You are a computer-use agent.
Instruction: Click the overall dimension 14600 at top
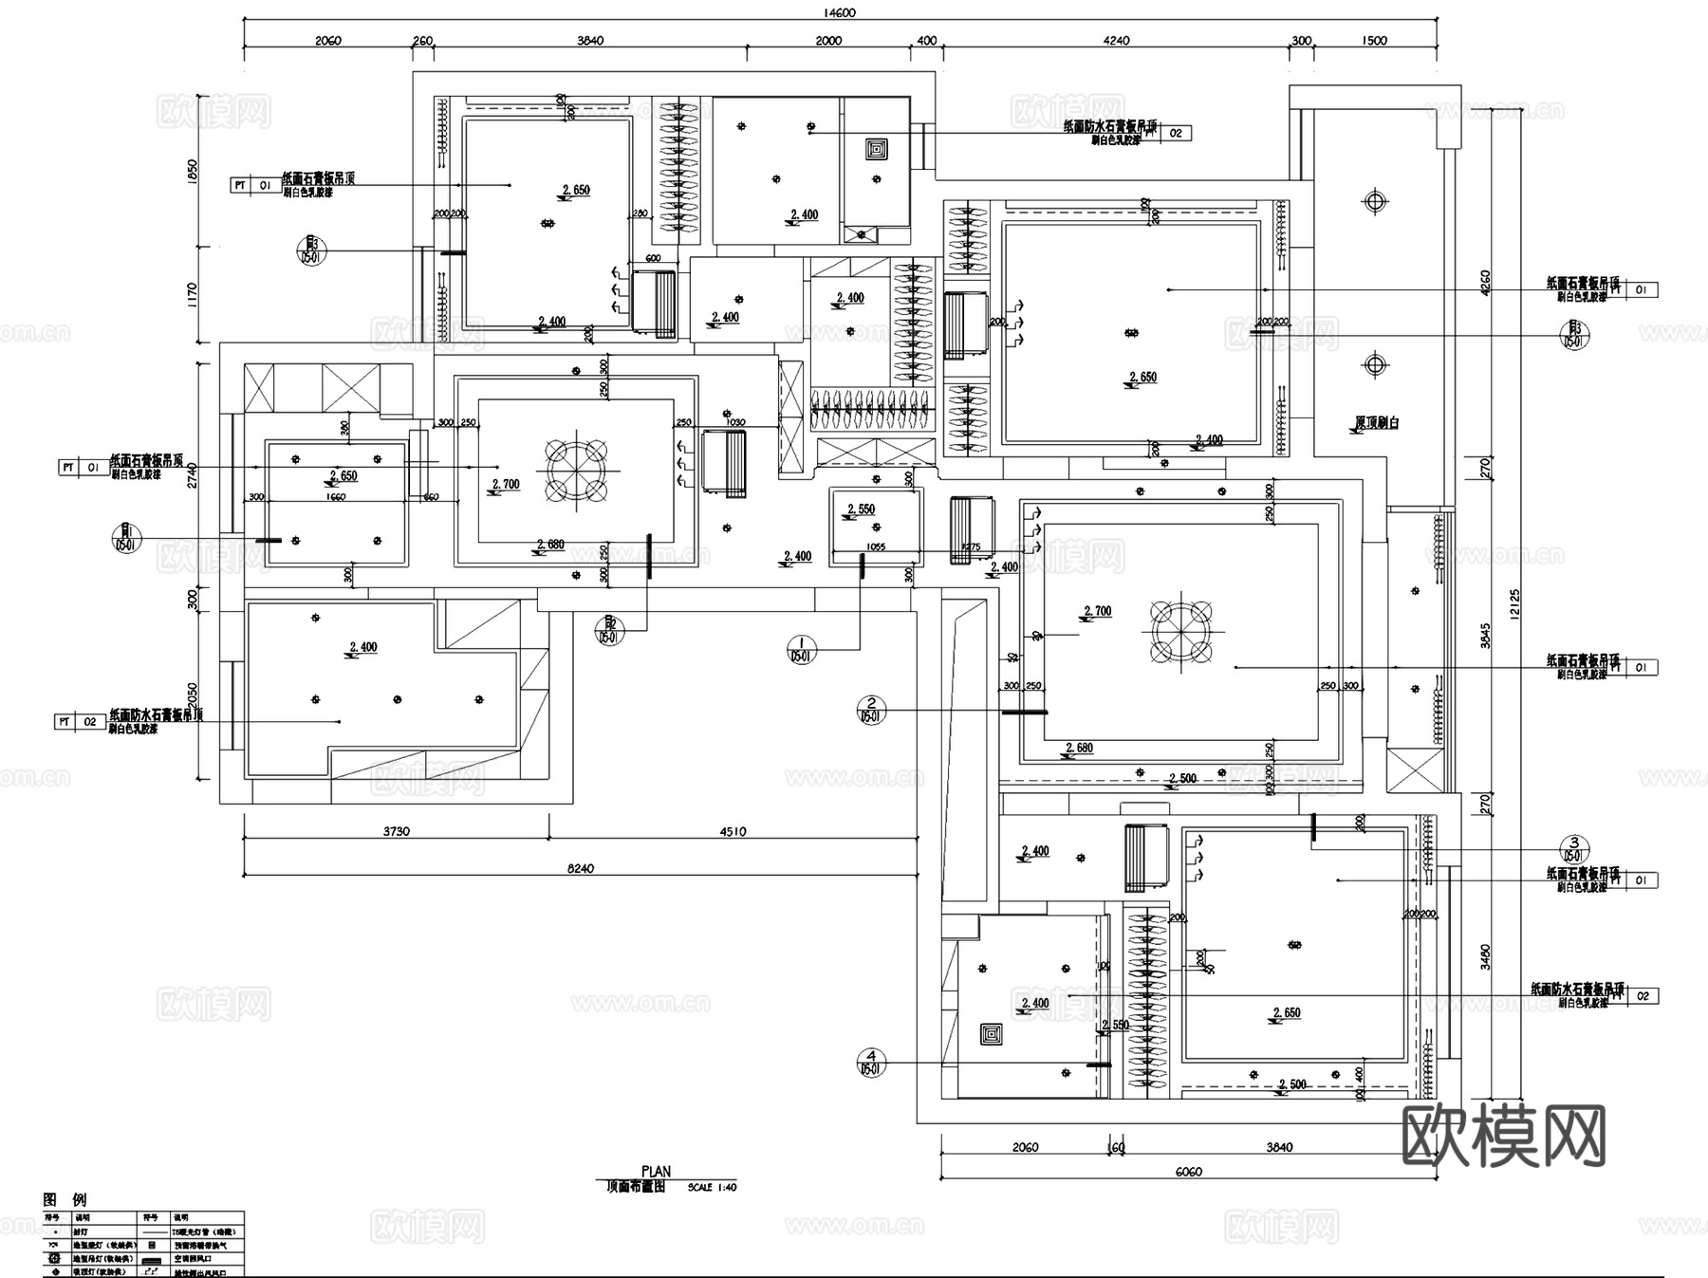[841, 12]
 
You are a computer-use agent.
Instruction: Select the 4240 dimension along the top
[1116, 40]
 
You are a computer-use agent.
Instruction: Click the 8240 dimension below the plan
[580, 868]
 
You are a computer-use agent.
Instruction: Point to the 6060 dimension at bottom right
[1187, 1171]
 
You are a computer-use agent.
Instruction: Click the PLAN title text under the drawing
[656, 1172]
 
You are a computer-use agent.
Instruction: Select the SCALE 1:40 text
[712, 1187]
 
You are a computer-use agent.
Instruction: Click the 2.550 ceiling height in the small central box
[861, 509]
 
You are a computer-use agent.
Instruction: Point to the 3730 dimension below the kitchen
[397, 831]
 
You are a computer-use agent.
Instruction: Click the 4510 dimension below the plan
[733, 831]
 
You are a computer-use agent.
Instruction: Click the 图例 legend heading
[65, 1199]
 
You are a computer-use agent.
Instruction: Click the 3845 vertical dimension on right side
[1485, 639]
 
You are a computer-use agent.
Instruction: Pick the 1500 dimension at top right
[1374, 40]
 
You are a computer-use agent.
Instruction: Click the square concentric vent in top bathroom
[876, 149]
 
